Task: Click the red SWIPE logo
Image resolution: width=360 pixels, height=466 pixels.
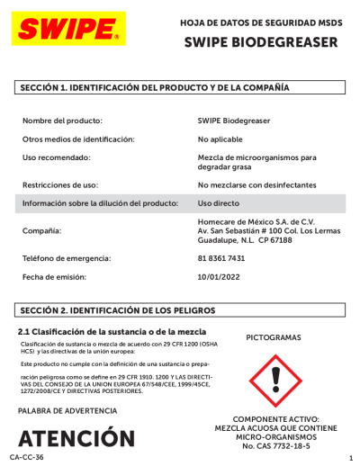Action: [67, 30]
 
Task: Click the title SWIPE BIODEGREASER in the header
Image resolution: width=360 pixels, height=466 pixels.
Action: [260, 41]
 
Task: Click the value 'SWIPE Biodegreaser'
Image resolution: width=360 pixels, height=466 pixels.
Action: [233, 120]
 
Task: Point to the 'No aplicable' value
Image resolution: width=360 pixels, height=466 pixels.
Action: [221, 139]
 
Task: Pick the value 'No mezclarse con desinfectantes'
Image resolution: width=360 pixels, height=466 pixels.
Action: [256, 185]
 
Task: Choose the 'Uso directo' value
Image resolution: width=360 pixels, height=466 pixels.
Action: [219, 203]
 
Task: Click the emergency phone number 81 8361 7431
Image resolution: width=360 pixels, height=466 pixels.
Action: [220, 258]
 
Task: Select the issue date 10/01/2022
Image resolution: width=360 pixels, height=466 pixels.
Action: [220, 277]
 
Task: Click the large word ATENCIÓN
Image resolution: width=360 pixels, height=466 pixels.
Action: [81, 439]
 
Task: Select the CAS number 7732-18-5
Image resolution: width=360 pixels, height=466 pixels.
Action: [297, 445]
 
